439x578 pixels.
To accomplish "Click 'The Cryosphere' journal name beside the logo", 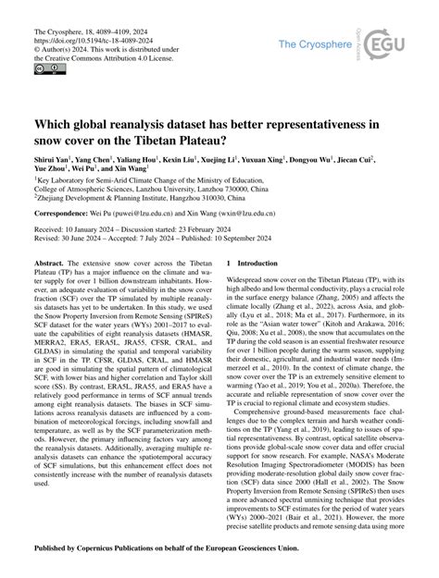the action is [x=320, y=44].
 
